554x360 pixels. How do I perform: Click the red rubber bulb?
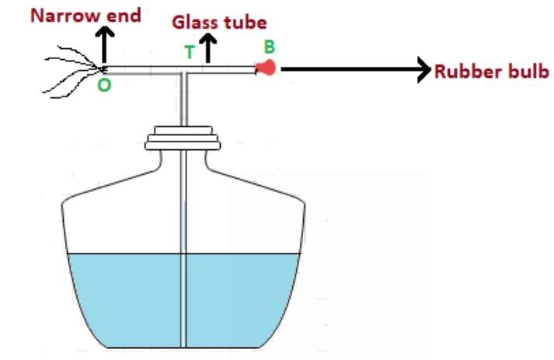pyautogui.click(x=267, y=68)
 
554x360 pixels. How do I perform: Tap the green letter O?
pyautogui.click(x=104, y=86)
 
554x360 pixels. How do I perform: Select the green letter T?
pyautogui.click(x=189, y=52)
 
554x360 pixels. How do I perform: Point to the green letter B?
pyautogui.click(x=269, y=46)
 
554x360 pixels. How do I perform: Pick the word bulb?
pyautogui.click(x=524, y=71)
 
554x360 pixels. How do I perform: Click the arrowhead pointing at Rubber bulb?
pyautogui.click(x=423, y=70)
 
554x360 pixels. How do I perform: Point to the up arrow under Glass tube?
pyautogui.click(x=208, y=51)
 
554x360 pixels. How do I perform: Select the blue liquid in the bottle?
pyautogui.click(x=124, y=299)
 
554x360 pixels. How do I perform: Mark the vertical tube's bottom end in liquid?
pyautogui.click(x=184, y=342)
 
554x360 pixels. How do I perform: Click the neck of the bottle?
pyautogui.click(x=184, y=159)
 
